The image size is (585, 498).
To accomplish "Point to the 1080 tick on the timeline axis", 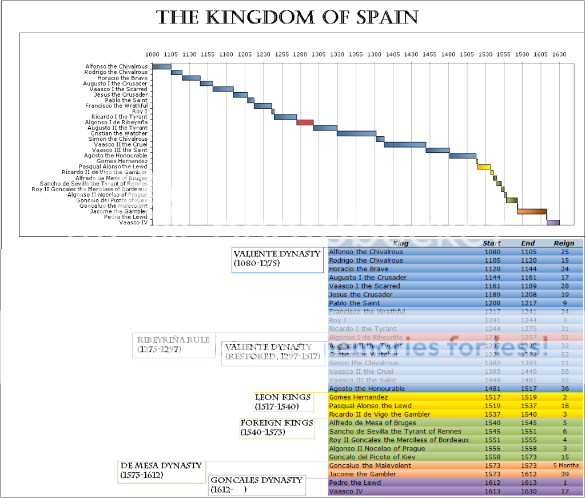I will point(152,54).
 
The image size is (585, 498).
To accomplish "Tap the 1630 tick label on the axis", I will point(559,54).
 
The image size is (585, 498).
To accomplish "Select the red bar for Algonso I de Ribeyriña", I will point(305,122).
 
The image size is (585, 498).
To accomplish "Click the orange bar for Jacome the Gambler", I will point(532,211).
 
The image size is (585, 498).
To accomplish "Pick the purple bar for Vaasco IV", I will point(553,222).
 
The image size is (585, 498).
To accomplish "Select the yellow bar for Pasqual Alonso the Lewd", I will point(484,167).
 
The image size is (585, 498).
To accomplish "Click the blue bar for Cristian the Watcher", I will point(356,133).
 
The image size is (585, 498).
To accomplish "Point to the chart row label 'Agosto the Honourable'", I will point(116,156).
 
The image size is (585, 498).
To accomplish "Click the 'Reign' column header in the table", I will point(563,243).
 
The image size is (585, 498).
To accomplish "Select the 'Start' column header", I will point(492,243).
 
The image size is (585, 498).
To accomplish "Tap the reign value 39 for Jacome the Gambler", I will point(564,474).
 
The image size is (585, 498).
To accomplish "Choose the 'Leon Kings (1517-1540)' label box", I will point(283,402).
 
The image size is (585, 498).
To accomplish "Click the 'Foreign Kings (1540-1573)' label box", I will point(277,428).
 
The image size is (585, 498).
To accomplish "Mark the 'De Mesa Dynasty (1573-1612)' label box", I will point(161,471).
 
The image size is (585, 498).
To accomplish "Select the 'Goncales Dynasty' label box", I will point(256,485).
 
